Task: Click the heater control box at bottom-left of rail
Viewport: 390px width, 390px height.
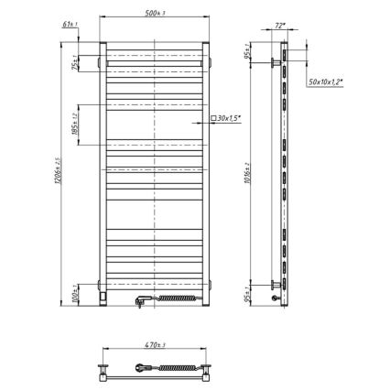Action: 103,295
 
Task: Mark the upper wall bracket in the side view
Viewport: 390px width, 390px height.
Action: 275,62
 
